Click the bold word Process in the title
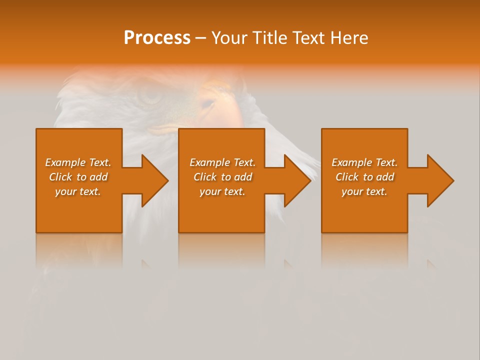[157, 38]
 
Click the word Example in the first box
[65, 162]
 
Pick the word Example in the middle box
[210, 162]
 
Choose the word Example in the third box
[352, 162]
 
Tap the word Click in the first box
[60, 177]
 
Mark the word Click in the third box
[347, 177]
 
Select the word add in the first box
[98, 177]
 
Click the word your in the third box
[352, 191]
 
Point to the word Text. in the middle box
[244, 162]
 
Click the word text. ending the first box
[90, 191]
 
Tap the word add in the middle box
[243, 177]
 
